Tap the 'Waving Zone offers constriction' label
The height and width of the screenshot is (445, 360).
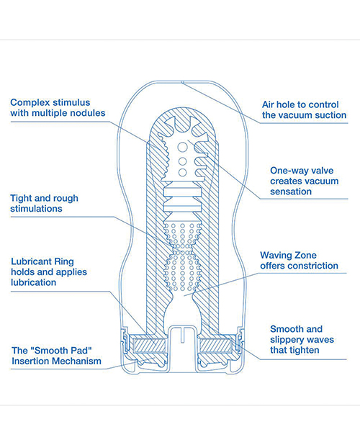click(x=299, y=260)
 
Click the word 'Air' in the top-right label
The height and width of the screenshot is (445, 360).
click(x=269, y=103)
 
